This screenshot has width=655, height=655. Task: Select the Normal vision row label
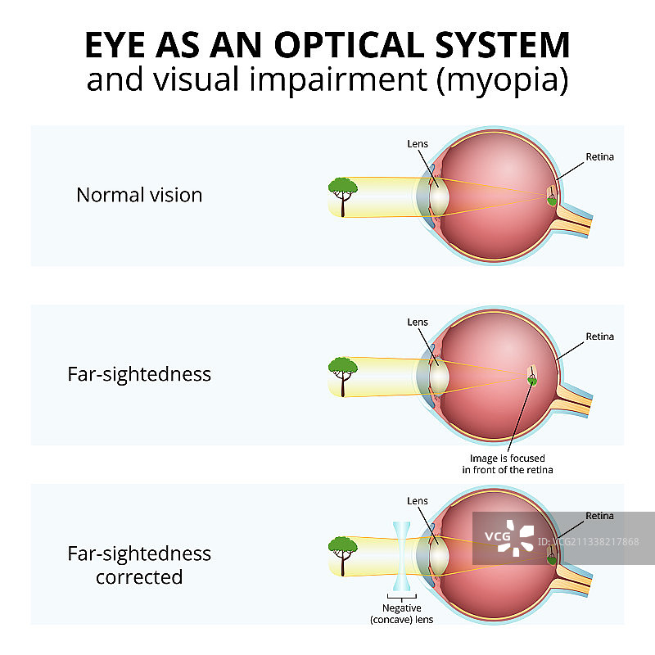click(139, 195)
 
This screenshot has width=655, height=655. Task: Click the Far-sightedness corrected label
click(139, 565)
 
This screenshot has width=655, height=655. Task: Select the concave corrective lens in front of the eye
click(401, 557)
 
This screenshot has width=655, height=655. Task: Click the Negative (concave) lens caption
click(401, 614)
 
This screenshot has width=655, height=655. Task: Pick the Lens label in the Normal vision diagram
click(418, 144)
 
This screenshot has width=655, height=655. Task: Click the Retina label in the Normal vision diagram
click(599, 156)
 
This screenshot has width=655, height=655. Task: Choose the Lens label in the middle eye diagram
click(418, 323)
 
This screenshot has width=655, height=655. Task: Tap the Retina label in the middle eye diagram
click(599, 337)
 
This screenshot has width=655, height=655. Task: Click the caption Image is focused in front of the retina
click(508, 463)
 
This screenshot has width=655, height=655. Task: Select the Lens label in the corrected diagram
click(418, 500)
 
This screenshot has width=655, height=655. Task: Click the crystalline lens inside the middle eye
click(439, 377)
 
